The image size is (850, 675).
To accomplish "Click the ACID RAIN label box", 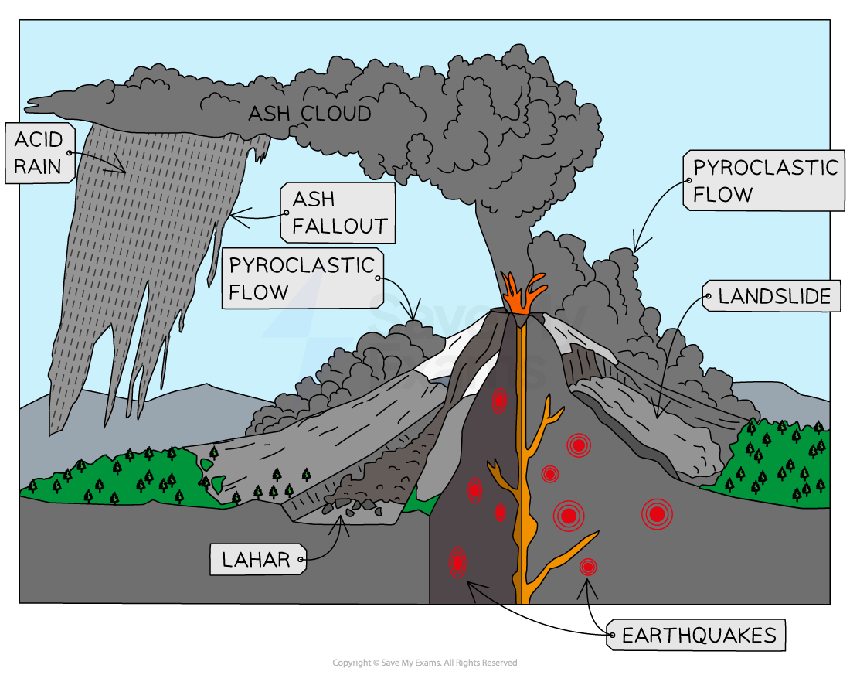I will tap(40, 153).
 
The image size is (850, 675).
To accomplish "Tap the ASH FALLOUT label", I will tap(338, 213).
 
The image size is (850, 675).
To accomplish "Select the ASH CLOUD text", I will tap(309, 114).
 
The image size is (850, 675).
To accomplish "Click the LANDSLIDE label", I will tap(771, 296).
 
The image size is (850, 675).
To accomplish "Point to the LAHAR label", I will tap(257, 560).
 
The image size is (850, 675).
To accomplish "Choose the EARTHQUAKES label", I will tap(697, 636).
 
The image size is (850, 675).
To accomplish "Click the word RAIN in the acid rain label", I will tap(38, 166).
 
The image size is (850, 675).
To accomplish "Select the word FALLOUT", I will tap(339, 227).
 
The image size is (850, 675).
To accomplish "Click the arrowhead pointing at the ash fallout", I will tap(232, 214).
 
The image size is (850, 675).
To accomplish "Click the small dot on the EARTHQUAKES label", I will tap(613, 636).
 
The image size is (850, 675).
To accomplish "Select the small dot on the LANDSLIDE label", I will tap(707, 296).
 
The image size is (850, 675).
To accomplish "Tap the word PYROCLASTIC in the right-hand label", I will tap(765, 168).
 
